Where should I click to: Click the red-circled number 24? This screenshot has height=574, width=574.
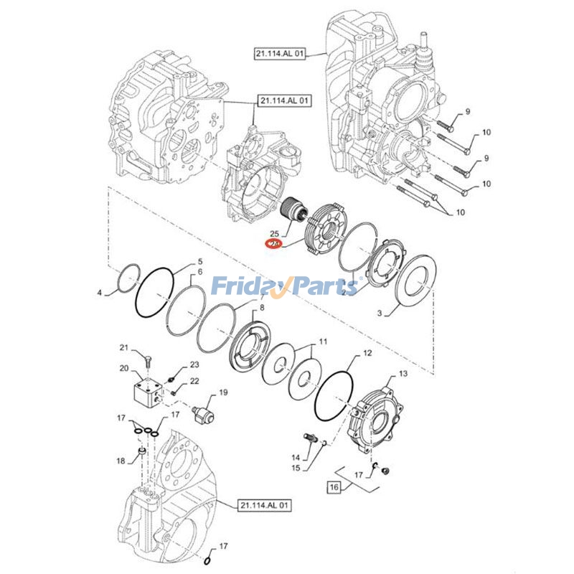click(x=273, y=244)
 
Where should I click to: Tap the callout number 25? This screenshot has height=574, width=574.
click(x=273, y=233)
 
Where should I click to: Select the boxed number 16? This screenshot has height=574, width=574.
click(x=333, y=487)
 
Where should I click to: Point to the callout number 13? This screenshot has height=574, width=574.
click(x=403, y=373)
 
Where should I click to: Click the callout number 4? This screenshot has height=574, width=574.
click(x=101, y=293)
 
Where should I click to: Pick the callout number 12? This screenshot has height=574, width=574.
click(x=367, y=354)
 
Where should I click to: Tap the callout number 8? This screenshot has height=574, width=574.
click(x=262, y=308)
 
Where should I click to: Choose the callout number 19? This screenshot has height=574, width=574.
click(x=223, y=392)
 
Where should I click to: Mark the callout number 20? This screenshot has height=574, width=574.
click(x=123, y=369)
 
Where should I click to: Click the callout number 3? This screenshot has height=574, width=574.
click(x=381, y=313)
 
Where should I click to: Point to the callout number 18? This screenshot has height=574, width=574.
click(x=121, y=461)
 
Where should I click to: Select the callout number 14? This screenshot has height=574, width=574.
click(x=295, y=458)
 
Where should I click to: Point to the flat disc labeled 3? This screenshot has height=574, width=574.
click(x=413, y=287)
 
